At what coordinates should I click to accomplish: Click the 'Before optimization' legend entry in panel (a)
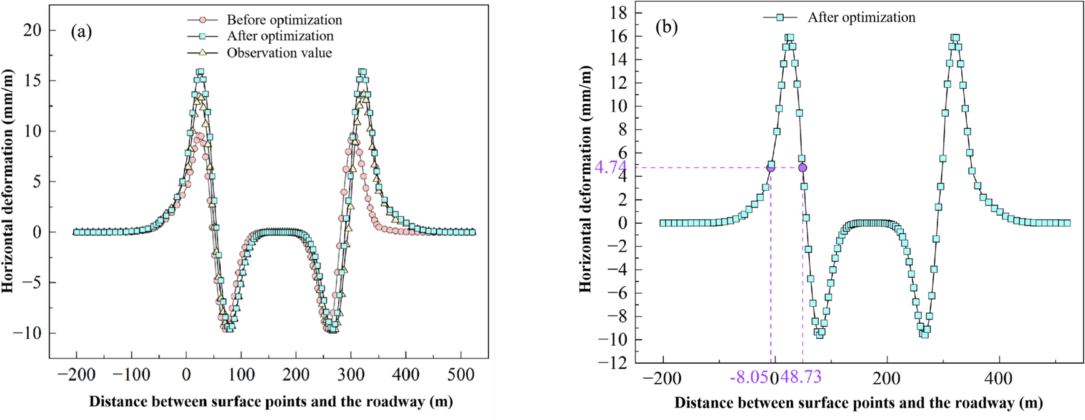(284, 20)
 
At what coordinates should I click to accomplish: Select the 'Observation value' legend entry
(279, 53)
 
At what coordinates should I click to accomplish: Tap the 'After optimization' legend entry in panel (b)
(861, 17)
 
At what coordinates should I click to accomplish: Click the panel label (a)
(81, 32)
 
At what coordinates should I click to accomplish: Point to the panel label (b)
(666, 27)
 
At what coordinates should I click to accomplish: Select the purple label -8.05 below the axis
(749, 378)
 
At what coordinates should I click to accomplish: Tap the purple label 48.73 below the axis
(801, 378)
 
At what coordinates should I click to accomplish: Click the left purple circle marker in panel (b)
(771, 167)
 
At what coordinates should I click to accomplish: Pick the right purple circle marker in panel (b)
(802, 167)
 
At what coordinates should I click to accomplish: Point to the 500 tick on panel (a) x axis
(461, 375)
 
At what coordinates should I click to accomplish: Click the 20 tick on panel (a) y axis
(32, 30)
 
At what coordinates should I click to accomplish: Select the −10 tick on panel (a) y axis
(27, 333)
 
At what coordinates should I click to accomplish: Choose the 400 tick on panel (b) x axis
(998, 378)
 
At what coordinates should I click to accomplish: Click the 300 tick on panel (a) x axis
(351, 375)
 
